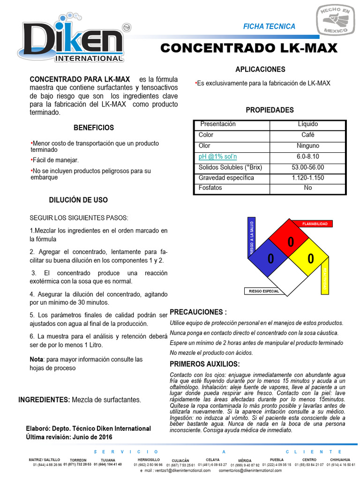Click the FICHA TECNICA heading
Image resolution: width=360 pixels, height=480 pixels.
tap(269, 26)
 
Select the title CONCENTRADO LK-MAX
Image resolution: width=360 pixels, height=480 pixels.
tap(248, 49)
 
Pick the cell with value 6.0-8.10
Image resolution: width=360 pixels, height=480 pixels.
tap(307, 157)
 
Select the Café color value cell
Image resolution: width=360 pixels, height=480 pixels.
tap(307, 135)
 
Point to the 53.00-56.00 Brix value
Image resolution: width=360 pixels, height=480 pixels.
tap(307, 167)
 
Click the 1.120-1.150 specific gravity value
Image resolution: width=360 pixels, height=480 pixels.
tap(307, 178)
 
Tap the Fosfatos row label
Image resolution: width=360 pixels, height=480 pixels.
tap(210, 188)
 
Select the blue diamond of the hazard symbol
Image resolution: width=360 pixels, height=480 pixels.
tap(270, 258)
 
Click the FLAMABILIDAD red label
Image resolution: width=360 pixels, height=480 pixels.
tap(315, 224)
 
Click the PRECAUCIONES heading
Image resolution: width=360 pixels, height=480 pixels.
tap(198, 312)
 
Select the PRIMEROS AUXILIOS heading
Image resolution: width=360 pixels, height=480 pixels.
tap(204, 364)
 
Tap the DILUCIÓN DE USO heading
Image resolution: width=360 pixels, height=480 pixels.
tap(78, 200)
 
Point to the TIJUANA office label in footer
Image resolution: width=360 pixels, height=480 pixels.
tap(108, 460)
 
